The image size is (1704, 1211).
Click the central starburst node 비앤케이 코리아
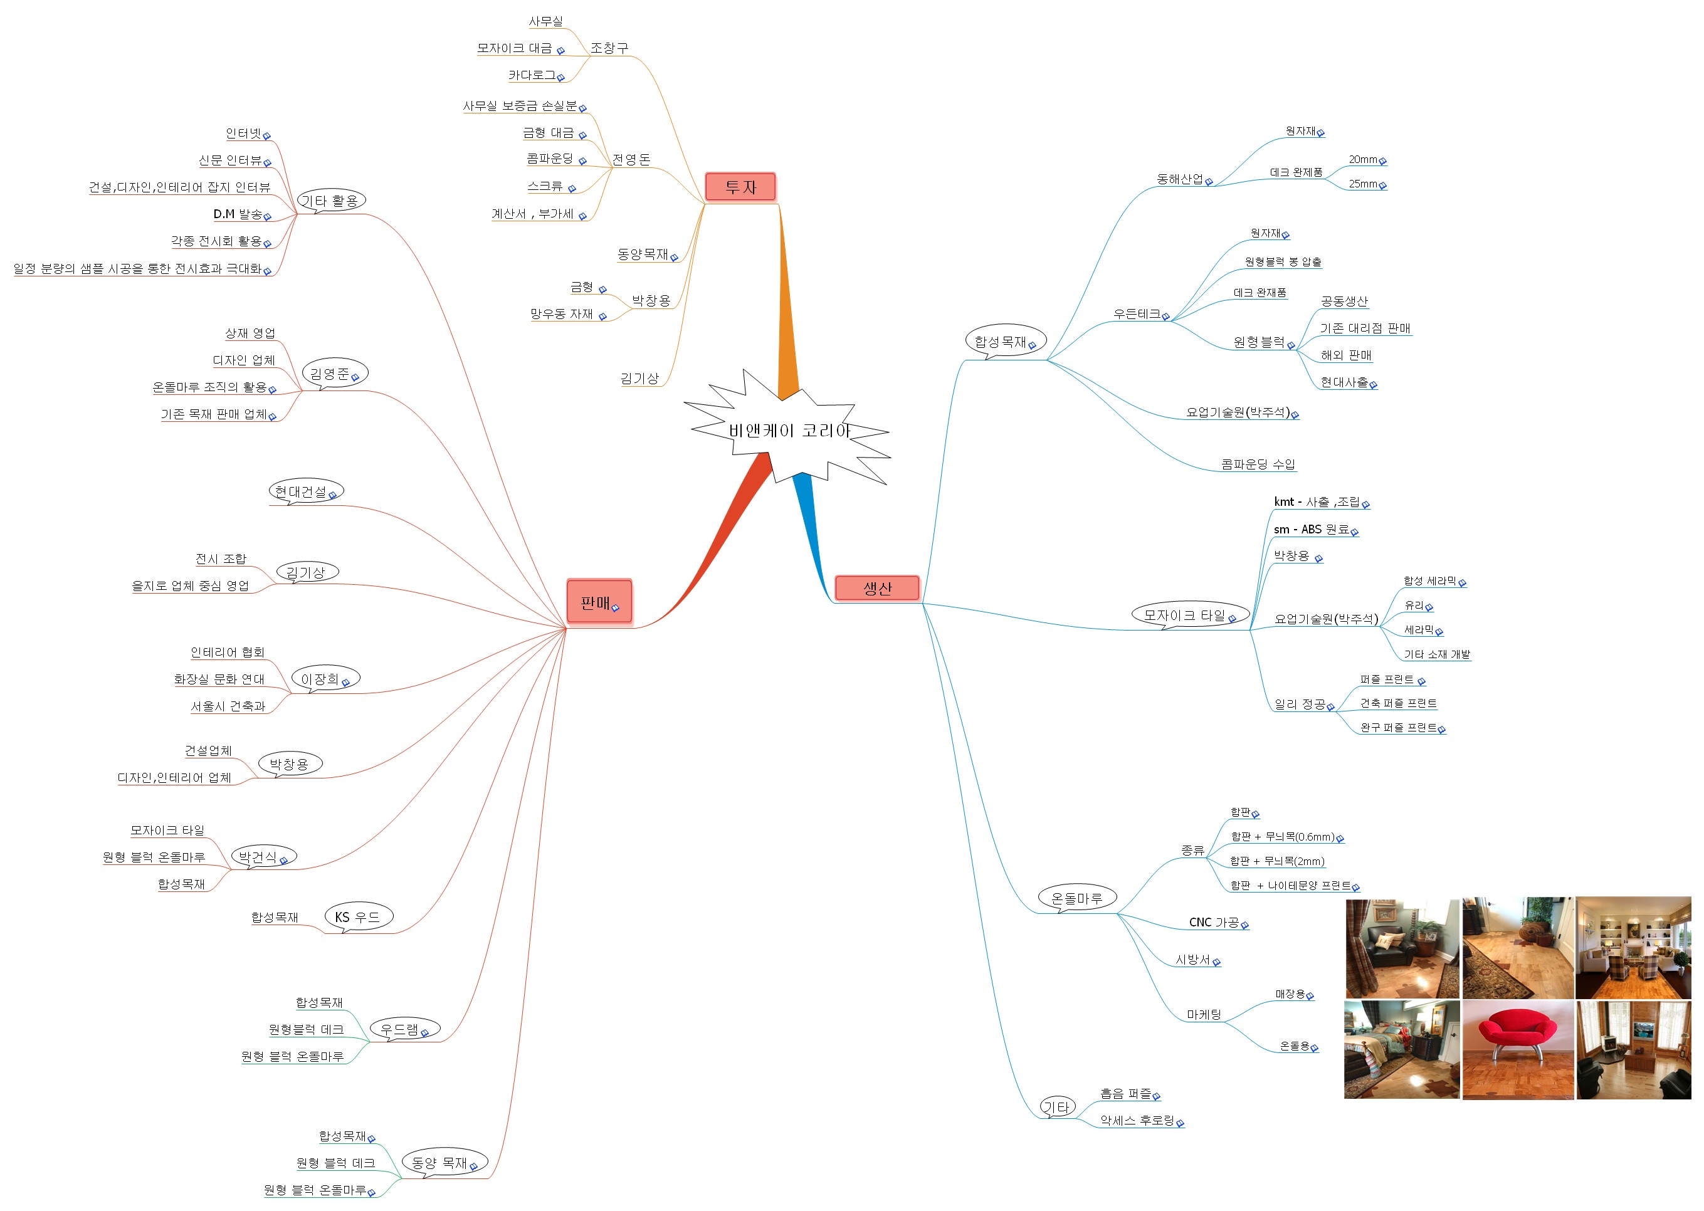788,429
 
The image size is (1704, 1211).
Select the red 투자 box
740,186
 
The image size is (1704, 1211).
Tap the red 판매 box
599,602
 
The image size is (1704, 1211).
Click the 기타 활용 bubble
331,201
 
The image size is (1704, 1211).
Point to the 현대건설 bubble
306,491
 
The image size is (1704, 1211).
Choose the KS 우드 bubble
358,917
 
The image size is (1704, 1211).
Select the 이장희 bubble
325,679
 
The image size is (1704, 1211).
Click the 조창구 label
609,48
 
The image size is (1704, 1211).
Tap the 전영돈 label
631,159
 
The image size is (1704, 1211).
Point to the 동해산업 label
1180,179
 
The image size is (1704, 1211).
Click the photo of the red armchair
1518,1050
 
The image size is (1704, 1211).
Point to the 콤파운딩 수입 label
1258,464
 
